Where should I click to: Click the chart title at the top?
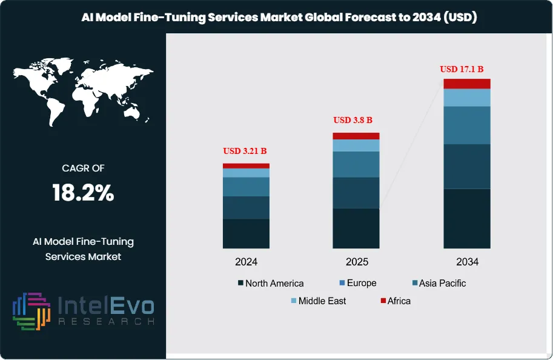click(x=279, y=18)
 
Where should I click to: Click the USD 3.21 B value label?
click(x=246, y=151)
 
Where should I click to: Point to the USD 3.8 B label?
click(x=353, y=120)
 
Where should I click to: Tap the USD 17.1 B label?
click(x=466, y=69)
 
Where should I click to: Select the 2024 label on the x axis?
click(x=246, y=262)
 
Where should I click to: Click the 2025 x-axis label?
click(x=356, y=262)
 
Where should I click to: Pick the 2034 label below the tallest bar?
click(x=467, y=262)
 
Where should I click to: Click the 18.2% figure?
click(x=83, y=193)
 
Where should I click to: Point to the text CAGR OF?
click(x=83, y=168)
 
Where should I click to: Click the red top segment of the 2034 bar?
click(x=466, y=84)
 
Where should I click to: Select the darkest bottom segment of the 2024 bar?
click(x=246, y=233)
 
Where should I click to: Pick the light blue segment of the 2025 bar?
click(x=356, y=145)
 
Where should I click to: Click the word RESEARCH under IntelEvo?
click(x=106, y=321)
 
